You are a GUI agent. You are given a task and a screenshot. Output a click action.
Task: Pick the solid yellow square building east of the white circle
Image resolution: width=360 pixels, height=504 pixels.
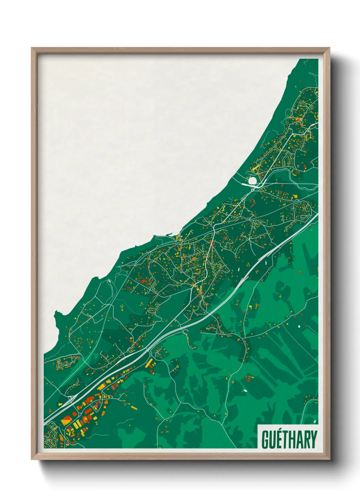296,196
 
